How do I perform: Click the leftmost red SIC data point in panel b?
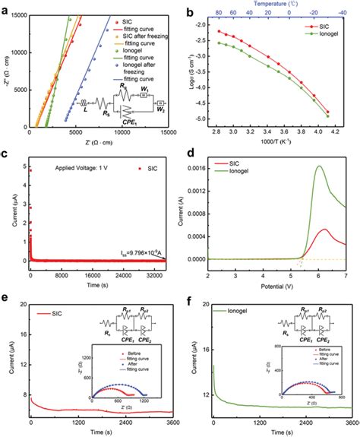219,31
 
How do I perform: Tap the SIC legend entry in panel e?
60,312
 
